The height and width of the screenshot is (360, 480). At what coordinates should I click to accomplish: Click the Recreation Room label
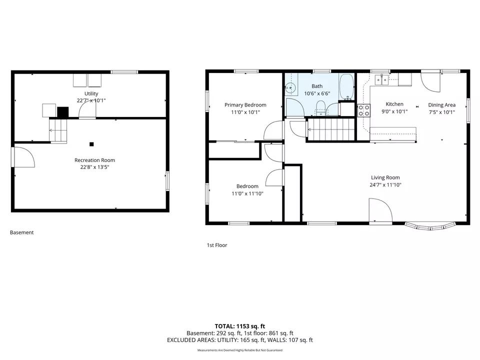coord(94,160)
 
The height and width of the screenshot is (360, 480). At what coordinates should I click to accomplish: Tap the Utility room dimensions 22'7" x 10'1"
coord(91,100)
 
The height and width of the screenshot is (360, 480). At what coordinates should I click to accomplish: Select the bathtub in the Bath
coord(346,87)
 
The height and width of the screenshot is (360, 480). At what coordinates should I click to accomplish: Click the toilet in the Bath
coord(320,108)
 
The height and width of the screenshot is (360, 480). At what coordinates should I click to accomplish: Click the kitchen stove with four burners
coord(363,110)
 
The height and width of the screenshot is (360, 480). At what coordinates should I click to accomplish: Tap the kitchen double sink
coord(381,79)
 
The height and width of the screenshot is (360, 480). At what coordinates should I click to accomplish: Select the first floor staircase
coord(330,129)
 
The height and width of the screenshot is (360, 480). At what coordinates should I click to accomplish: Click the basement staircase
coord(58,130)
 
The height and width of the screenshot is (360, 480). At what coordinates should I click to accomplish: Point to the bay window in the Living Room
coord(430,226)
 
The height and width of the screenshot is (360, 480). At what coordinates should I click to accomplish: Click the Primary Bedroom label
coord(245,105)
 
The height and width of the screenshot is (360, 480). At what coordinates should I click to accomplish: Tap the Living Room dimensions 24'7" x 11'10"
coord(385,185)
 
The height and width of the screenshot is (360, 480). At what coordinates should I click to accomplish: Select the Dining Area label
coord(441,105)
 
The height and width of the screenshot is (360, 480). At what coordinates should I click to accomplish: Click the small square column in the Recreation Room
coord(91,144)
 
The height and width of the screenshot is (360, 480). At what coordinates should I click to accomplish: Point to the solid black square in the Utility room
coord(63,112)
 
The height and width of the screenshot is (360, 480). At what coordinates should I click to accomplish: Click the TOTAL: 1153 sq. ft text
coord(240,326)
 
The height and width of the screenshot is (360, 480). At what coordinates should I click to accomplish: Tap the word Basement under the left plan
coord(21,232)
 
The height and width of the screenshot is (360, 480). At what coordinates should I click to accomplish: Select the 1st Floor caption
coord(217,245)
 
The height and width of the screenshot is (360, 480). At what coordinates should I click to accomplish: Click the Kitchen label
coord(394,104)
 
